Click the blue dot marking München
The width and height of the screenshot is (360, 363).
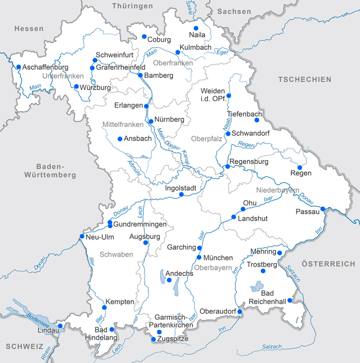click(x=199, y=258)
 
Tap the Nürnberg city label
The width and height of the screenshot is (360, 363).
click(x=169, y=120)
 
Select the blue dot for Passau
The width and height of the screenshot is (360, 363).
click(x=323, y=209)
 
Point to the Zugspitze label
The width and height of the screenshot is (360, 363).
click(x=173, y=339)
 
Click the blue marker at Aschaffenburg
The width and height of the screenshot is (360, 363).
click(x=18, y=68)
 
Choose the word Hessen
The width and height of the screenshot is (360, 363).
click(x=29, y=28)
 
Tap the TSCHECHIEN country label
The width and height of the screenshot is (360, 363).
click(x=305, y=79)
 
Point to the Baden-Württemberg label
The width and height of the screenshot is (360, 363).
click(x=50, y=171)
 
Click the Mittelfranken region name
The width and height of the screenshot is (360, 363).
click(x=122, y=125)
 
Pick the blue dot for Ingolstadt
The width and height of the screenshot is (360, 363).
click(x=181, y=195)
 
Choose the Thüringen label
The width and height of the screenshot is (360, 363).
click(x=132, y=6)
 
